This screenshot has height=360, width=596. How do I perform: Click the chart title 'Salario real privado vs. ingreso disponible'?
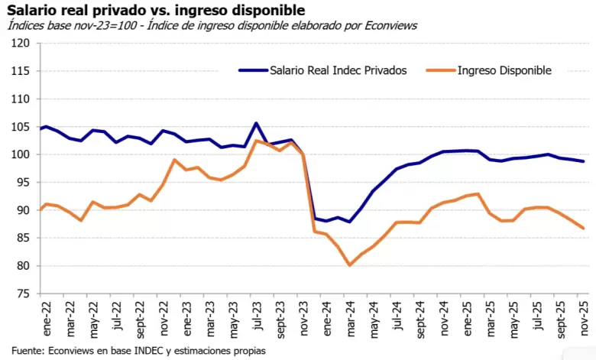click(x=156, y=10)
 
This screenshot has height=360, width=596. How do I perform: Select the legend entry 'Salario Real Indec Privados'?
click(x=337, y=70)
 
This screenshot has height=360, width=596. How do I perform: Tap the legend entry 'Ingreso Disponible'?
click(x=504, y=70)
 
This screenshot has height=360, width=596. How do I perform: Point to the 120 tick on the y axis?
click(x=21, y=44)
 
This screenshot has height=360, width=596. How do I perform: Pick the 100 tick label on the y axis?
click(x=21, y=154)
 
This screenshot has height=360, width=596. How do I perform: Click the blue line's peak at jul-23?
click(x=256, y=123)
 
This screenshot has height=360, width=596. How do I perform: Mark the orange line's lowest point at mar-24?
click(x=349, y=265)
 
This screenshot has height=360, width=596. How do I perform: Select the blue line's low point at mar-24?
click(x=349, y=222)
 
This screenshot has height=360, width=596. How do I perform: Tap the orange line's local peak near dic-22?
click(x=174, y=160)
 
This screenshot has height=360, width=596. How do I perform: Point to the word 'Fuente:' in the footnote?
click(x=28, y=351)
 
